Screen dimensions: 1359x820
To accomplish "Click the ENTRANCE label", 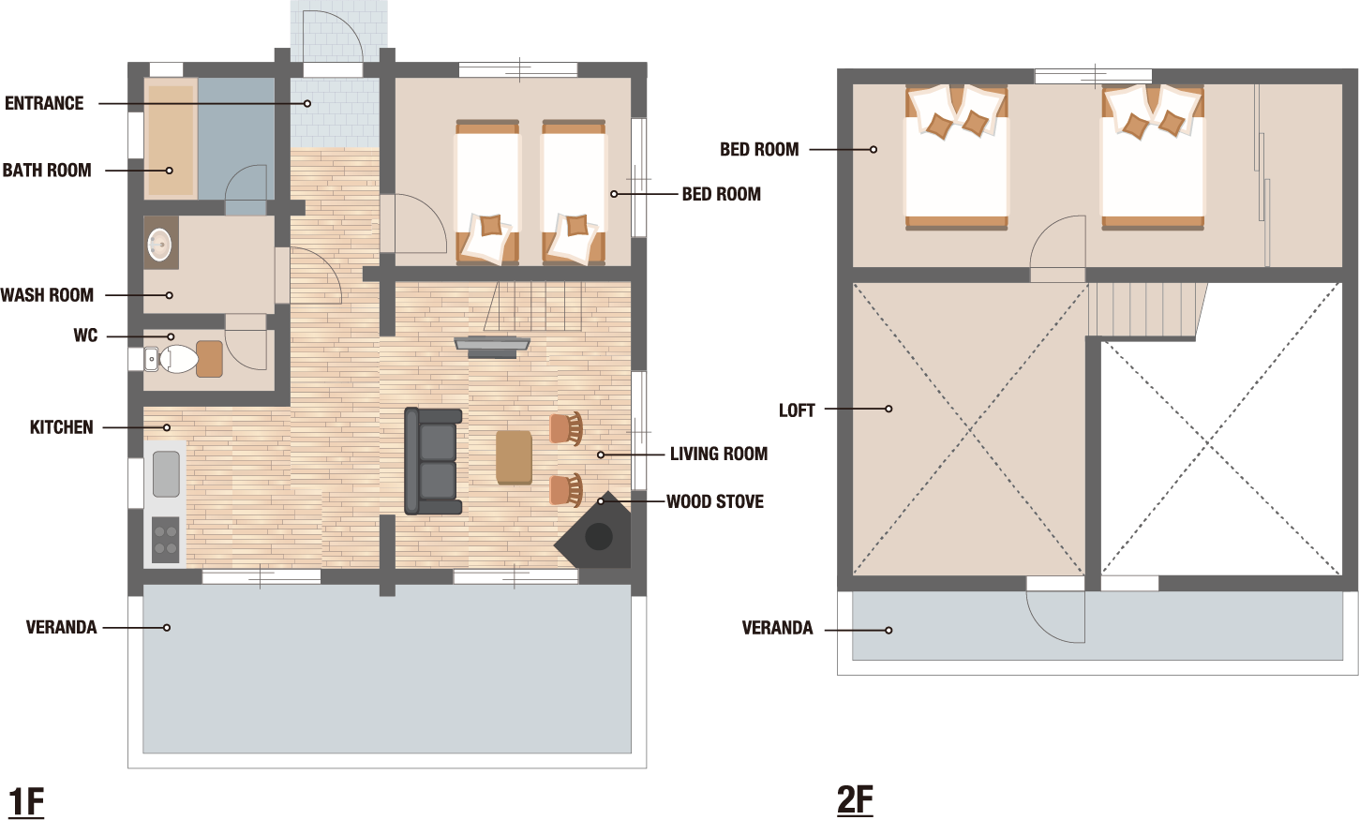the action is pyautogui.click(x=44, y=103).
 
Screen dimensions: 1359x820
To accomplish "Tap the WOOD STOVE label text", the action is pyautogui.click(x=715, y=501).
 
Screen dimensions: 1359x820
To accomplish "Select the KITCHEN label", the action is pyautogui.click(x=61, y=427).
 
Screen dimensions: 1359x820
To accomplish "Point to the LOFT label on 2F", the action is pyautogui.click(x=797, y=410).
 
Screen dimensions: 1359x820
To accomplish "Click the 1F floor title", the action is pyautogui.click(x=26, y=802).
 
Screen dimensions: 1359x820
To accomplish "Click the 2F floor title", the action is pyautogui.click(x=855, y=800).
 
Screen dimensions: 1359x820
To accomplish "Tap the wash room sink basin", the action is pyautogui.click(x=159, y=245).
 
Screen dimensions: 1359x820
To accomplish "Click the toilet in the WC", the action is pyautogui.click(x=172, y=359).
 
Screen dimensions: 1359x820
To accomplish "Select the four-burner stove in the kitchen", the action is pyautogui.click(x=166, y=540).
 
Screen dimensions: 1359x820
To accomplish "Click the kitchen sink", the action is pyautogui.click(x=166, y=474).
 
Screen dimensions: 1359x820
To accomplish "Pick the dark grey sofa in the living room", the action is pyautogui.click(x=433, y=461).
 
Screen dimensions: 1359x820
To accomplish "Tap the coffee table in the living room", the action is pyautogui.click(x=514, y=457).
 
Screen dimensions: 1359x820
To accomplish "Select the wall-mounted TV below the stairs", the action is pyautogui.click(x=492, y=347).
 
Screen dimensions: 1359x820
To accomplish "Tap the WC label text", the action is pyautogui.click(x=85, y=335).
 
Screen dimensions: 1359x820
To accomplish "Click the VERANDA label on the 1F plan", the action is pyautogui.click(x=61, y=627).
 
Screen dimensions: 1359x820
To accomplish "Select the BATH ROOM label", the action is pyautogui.click(x=47, y=171).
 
